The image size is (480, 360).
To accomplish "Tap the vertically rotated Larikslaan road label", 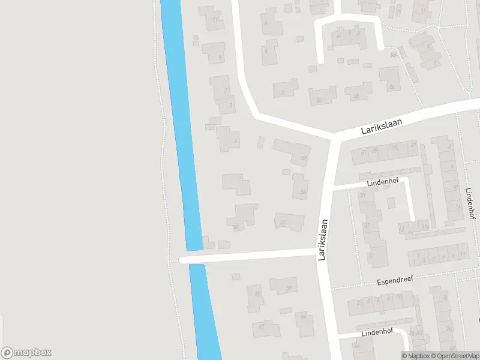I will coord(323,239).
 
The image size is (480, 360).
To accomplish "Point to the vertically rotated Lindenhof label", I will coord(470,203).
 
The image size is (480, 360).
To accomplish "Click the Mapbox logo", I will coord(26,353).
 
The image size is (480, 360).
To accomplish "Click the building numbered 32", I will coord(294,151).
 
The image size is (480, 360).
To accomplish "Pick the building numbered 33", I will coord(282,222).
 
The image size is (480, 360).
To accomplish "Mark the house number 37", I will coord(367,226).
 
